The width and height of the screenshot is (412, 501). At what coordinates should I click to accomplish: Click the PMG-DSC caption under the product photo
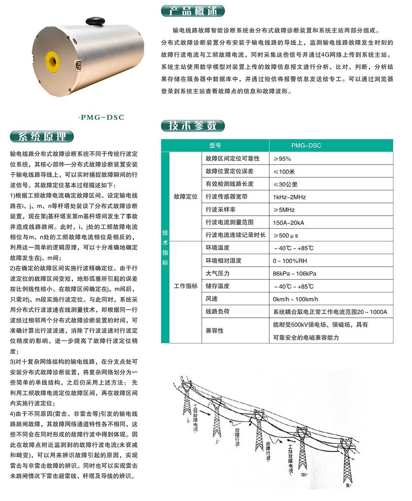tap(102, 117)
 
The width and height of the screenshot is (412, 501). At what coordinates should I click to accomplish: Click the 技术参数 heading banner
tap(193, 125)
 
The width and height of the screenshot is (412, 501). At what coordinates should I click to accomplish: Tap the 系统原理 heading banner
tap(41, 137)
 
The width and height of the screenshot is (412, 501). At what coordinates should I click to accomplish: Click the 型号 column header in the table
tap(215, 145)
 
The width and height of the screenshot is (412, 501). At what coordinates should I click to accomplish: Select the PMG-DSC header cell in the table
tap(306, 145)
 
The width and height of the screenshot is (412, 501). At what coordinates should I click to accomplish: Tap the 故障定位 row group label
tap(186, 197)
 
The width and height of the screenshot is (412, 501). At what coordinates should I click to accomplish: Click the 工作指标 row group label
tap(186, 286)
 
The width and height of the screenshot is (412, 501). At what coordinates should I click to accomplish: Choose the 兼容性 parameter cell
tap(214, 330)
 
